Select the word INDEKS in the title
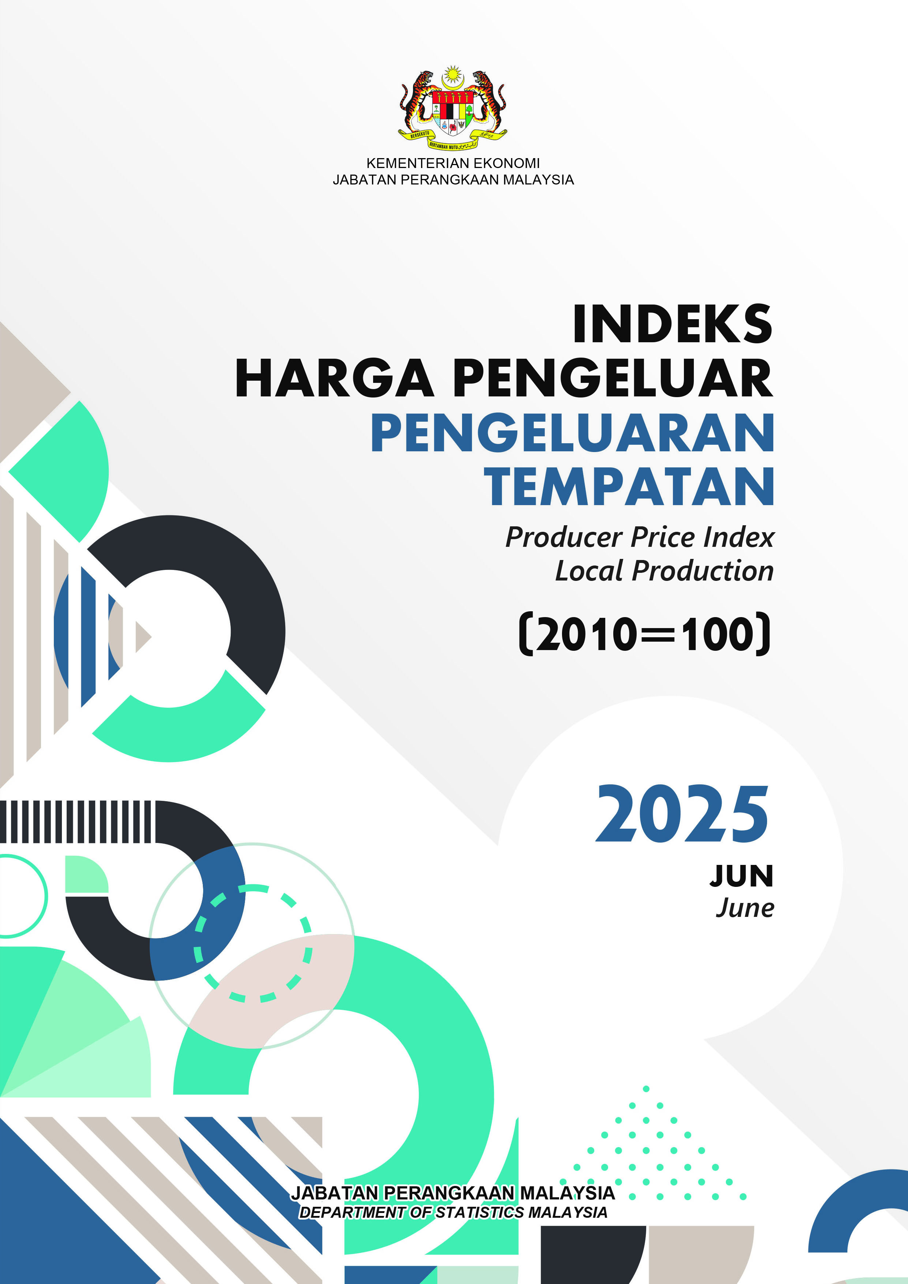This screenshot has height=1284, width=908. tap(673, 324)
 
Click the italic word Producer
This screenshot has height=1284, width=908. tap(564, 537)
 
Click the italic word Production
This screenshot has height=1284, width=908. tap(703, 571)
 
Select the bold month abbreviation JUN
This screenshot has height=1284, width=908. tap(742, 876)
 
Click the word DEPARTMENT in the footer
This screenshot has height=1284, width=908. tap(353, 1212)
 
